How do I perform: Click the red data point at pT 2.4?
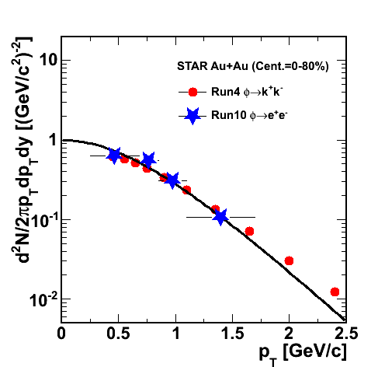click(335, 292)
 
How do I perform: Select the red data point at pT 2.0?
click(289, 260)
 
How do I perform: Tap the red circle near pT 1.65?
click(249, 231)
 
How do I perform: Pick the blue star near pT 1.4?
click(220, 216)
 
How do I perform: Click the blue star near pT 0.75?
click(148, 160)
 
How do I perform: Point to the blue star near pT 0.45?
click(114, 156)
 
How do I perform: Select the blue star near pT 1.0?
click(172, 180)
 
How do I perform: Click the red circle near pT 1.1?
click(186, 190)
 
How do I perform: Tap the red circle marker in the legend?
click(192, 92)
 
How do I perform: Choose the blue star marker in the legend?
click(192, 116)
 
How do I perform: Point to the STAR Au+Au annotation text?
click(253, 66)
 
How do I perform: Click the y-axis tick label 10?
click(48, 60)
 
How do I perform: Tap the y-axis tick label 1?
click(53, 140)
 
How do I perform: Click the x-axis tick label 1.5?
click(232, 333)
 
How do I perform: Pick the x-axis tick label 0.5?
click(118, 333)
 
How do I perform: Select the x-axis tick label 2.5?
click(346, 333)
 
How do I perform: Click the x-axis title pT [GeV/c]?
click(303, 354)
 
